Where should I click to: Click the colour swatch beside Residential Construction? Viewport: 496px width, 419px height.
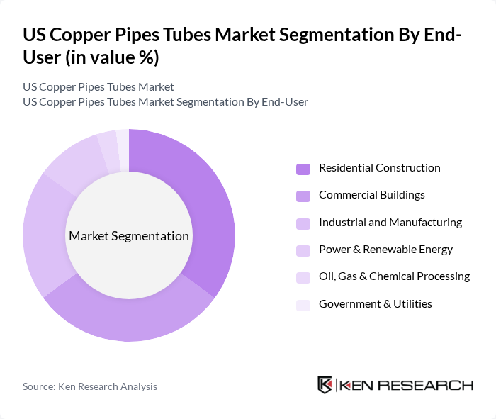pyautogui.click(x=303, y=169)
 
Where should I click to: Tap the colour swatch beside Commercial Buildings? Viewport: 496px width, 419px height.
pyautogui.click(x=303, y=196)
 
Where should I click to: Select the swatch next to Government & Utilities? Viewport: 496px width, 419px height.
pyautogui.click(x=303, y=305)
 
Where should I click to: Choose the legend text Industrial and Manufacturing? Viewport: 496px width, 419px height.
pyautogui.click(x=390, y=223)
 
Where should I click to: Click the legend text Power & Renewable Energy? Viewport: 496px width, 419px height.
pyautogui.click(x=385, y=250)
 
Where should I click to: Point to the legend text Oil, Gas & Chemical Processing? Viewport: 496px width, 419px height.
pyautogui.click(x=394, y=276)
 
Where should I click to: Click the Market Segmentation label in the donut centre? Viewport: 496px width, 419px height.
pyautogui.click(x=129, y=236)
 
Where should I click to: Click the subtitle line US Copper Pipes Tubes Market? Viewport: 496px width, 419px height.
pyautogui.click(x=98, y=87)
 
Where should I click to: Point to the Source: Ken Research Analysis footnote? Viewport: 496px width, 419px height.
pyautogui.click(x=90, y=386)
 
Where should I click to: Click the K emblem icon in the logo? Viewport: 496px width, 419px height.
pyautogui.click(x=325, y=385)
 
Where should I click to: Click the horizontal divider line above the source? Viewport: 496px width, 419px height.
pyautogui.click(x=248, y=359)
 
